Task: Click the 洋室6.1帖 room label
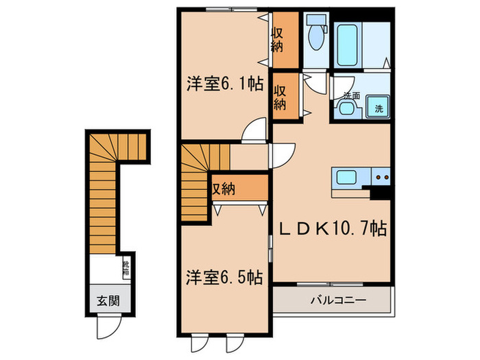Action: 223,84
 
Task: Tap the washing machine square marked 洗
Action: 379,108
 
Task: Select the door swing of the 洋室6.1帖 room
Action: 255,130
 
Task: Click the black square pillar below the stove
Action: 379,194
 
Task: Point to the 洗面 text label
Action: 352,95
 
